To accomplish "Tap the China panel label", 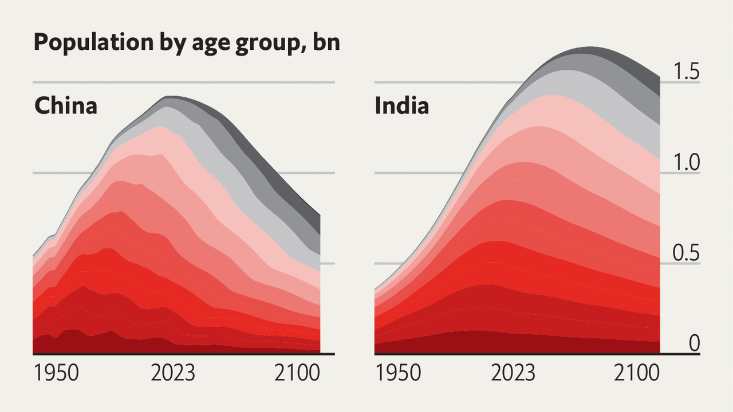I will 65,106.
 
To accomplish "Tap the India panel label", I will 401,106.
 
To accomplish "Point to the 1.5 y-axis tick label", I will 686,72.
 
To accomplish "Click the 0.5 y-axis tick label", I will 686,253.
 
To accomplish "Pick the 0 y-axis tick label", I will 694,343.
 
